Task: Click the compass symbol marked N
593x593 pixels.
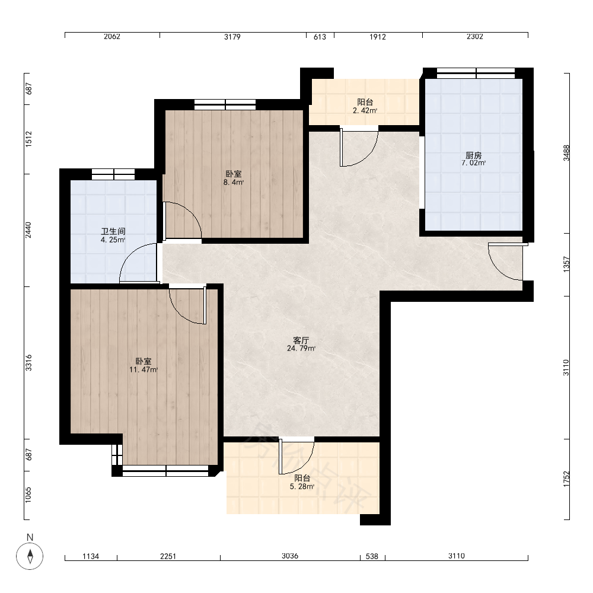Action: pos(30,556)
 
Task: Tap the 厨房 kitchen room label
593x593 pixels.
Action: pos(473,155)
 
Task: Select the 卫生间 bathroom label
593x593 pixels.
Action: pos(113,231)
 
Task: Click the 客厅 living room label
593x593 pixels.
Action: pos(301,340)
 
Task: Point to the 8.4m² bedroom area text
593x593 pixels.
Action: pos(233,182)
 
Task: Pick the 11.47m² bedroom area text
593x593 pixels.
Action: pos(144,370)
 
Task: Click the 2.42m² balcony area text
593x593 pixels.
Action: pos(365,110)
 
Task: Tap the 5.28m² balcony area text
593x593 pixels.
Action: pos(302,487)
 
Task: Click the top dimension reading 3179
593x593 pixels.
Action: pos(232,37)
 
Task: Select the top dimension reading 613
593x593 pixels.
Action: pos(320,37)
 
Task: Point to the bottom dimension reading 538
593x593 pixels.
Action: pos(372,556)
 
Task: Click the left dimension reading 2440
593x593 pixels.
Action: pos(28,230)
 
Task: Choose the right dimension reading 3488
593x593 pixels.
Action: pos(566,153)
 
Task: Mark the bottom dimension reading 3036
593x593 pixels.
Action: pos(290,556)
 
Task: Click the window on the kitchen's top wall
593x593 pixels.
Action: pos(476,73)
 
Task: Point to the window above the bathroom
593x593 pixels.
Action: pos(113,174)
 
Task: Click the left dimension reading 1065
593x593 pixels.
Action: pos(28,495)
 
